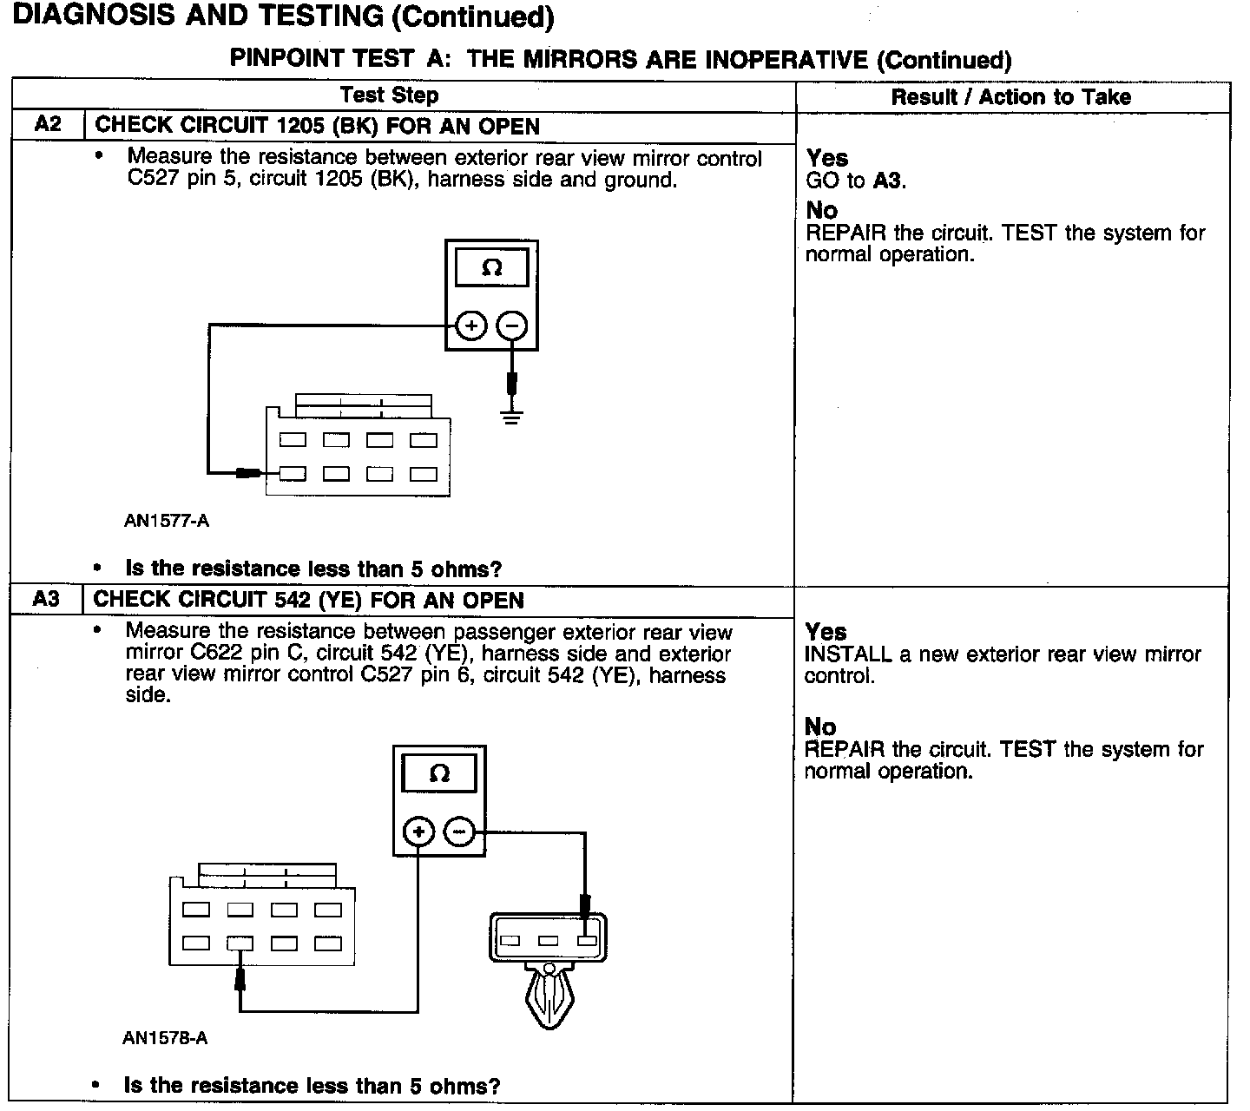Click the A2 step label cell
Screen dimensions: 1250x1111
pyautogui.click(x=48, y=124)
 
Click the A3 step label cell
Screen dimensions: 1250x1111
pyautogui.click(x=46, y=599)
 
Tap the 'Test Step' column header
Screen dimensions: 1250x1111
pyautogui.click(x=389, y=95)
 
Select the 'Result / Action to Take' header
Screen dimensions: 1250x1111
pyautogui.click(x=1010, y=96)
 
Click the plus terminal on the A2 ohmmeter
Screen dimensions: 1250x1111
pyautogui.click(x=470, y=326)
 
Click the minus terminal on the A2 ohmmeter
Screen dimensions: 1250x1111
pyautogui.click(x=512, y=326)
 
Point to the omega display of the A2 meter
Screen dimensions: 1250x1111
pyautogui.click(x=491, y=268)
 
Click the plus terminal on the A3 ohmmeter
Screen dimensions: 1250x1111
pyautogui.click(x=418, y=832)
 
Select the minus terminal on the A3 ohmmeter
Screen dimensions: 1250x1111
pyautogui.click(x=459, y=832)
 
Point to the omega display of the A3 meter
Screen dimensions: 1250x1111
pyautogui.click(x=439, y=773)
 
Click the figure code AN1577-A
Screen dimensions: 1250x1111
pyautogui.click(x=166, y=521)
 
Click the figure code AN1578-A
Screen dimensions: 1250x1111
pyautogui.click(x=165, y=1038)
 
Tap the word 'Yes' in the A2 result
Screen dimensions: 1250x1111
pyautogui.click(x=826, y=158)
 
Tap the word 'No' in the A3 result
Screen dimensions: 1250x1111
pyautogui.click(x=820, y=726)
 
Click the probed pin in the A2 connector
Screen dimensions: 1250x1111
pyautogui.click(x=293, y=474)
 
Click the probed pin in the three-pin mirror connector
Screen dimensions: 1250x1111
pyautogui.click(x=587, y=941)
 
